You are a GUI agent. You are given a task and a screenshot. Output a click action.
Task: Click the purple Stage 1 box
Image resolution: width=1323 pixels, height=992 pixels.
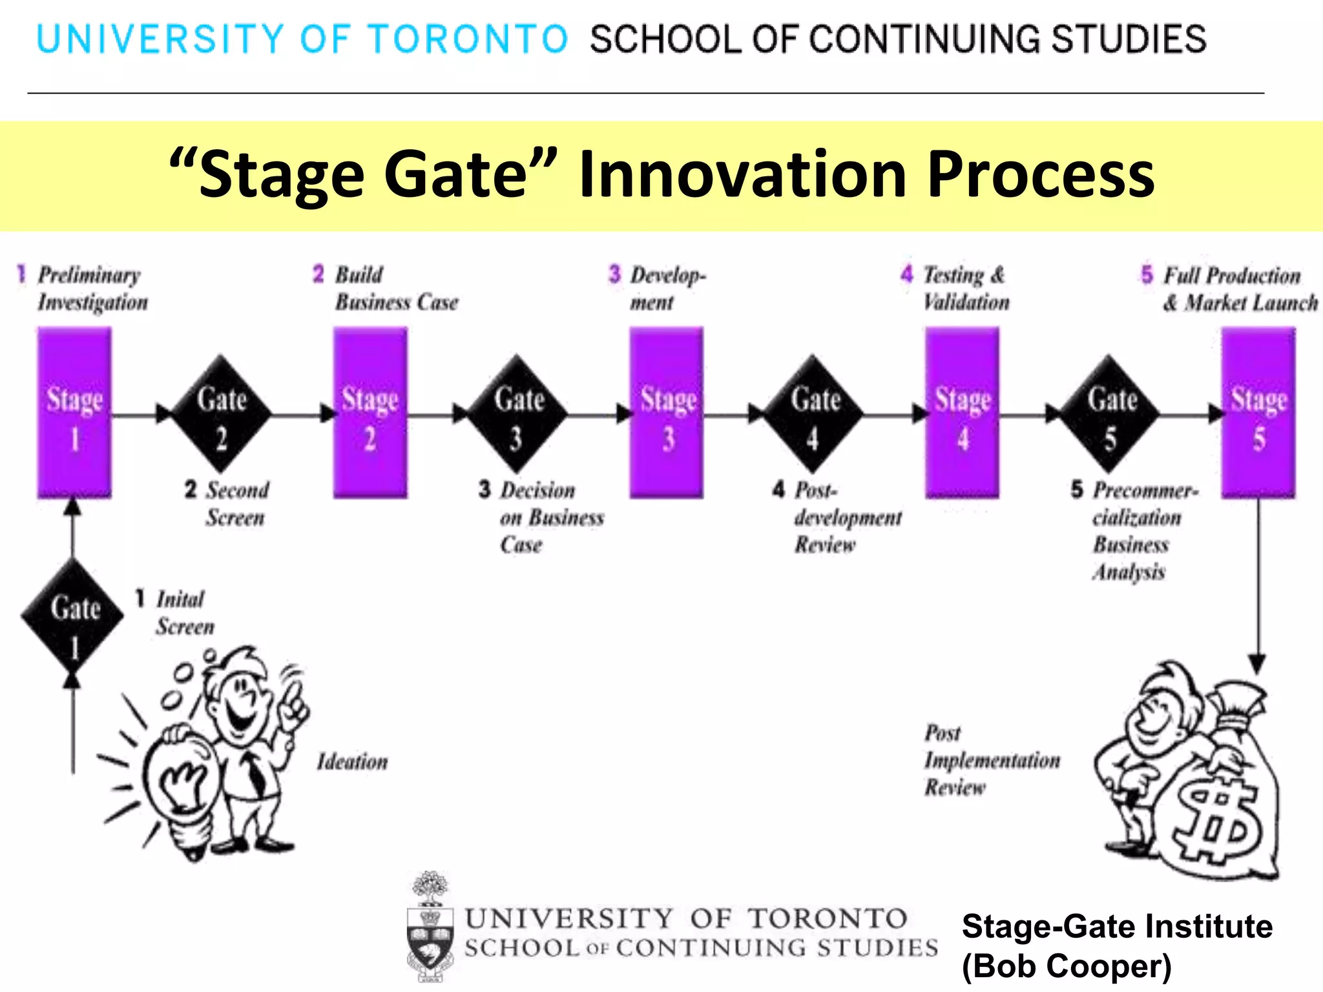[74, 413]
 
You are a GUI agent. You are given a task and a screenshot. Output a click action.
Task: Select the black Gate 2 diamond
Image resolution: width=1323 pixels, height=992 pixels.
[221, 413]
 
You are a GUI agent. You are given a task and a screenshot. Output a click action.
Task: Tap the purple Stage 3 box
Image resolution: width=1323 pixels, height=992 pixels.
[667, 413]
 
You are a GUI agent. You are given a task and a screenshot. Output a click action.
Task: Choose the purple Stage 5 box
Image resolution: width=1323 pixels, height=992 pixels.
[1258, 413]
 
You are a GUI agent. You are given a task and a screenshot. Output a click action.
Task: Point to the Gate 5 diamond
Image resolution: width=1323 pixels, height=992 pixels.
[1110, 413]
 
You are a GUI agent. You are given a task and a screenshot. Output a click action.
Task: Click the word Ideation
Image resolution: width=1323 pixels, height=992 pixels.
[352, 762]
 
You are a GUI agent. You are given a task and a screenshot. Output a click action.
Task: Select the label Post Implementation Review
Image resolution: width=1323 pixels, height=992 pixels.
[991, 760]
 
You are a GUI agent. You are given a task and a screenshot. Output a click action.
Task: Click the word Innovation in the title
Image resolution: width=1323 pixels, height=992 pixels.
[743, 174]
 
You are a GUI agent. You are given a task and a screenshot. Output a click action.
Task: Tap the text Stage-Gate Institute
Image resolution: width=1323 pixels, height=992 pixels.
[1116, 926]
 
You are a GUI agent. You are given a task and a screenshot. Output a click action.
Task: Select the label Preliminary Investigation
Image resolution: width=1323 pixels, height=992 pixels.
[92, 289]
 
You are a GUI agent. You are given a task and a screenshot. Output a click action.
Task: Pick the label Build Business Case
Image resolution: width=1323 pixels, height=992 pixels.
[395, 289]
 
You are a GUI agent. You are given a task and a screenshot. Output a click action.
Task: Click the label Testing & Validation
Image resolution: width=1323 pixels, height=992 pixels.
[965, 289]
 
